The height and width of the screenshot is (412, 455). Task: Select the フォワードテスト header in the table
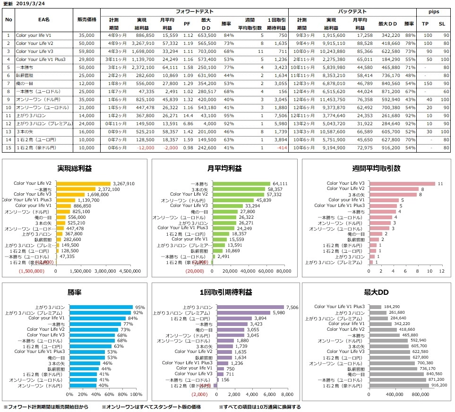click(x=194, y=10)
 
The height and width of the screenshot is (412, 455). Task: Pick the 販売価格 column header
click(x=87, y=19)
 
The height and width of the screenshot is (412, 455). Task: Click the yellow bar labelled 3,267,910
click(x=83, y=183)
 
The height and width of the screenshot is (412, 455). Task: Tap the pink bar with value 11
click(x=402, y=183)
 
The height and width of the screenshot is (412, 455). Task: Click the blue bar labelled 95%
click(x=101, y=308)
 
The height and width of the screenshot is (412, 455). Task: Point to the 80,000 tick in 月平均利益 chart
click(x=283, y=271)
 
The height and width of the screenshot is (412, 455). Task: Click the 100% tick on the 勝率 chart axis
click(x=136, y=394)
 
